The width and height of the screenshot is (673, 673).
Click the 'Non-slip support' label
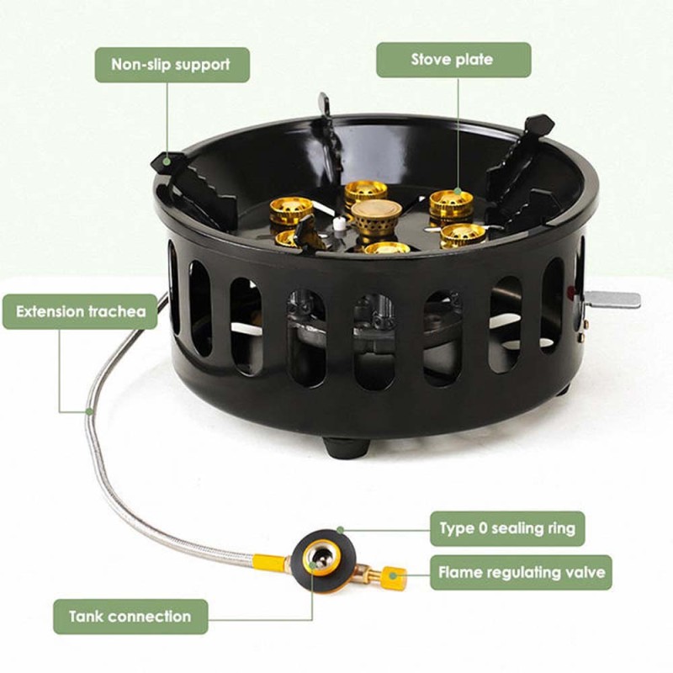pyautogui.click(x=172, y=65)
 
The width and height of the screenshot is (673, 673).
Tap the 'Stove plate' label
pyautogui.click(x=453, y=60)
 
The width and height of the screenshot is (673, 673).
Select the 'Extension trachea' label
pyautogui.click(x=80, y=311)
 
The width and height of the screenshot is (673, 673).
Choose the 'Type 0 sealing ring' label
pyautogui.click(x=507, y=528)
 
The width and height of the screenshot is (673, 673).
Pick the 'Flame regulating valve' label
pyautogui.click(x=521, y=573)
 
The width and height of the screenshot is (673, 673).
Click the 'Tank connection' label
pyautogui.click(x=130, y=617)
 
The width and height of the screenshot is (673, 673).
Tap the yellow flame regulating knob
pyautogui.click(x=393, y=578)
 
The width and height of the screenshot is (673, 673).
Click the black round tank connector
pyautogui.click(x=323, y=560)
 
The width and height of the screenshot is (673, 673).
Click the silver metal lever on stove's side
pyautogui.click(x=612, y=299)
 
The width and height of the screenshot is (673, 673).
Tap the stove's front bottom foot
pyautogui.click(x=346, y=448)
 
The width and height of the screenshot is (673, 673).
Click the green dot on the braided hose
pyautogui.click(x=89, y=411)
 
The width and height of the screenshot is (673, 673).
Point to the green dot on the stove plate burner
pyautogui.click(x=458, y=191)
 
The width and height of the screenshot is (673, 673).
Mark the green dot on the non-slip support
pyautogui.click(x=167, y=162)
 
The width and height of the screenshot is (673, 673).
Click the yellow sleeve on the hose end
pyautogui.click(x=268, y=563)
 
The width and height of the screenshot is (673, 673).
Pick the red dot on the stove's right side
pyautogui.click(x=570, y=291)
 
